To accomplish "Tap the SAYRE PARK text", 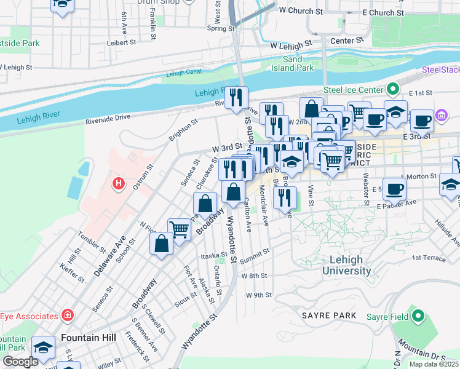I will tap(328, 315).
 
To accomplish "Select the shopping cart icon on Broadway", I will tap(179, 230).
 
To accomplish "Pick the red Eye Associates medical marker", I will tap(67, 316).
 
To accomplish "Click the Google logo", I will tap(20, 362).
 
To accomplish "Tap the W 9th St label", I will tap(258, 295).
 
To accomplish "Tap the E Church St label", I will tap(383, 12).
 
